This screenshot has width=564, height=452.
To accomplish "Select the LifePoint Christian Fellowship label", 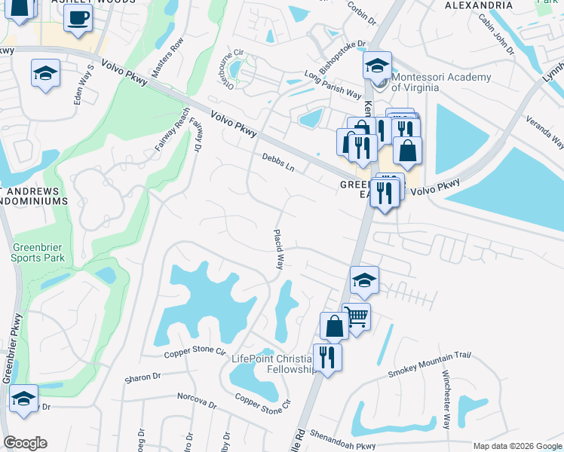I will click(x=273, y=364).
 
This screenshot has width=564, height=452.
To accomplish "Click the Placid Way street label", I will click(x=279, y=250).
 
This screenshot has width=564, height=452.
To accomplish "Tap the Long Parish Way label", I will click(x=333, y=84).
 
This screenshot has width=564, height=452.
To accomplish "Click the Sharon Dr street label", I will click(x=143, y=377).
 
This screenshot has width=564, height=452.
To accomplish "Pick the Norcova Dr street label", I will click(x=197, y=401).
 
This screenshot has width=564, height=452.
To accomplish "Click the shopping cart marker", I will click(x=356, y=316).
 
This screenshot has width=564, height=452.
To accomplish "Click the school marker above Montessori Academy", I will click(x=377, y=66).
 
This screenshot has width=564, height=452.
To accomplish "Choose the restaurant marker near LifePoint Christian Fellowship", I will click(x=326, y=356).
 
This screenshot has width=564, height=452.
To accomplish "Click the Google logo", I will click(x=25, y=443).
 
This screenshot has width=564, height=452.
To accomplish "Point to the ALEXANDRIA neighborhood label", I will click(x=479, y=5).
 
